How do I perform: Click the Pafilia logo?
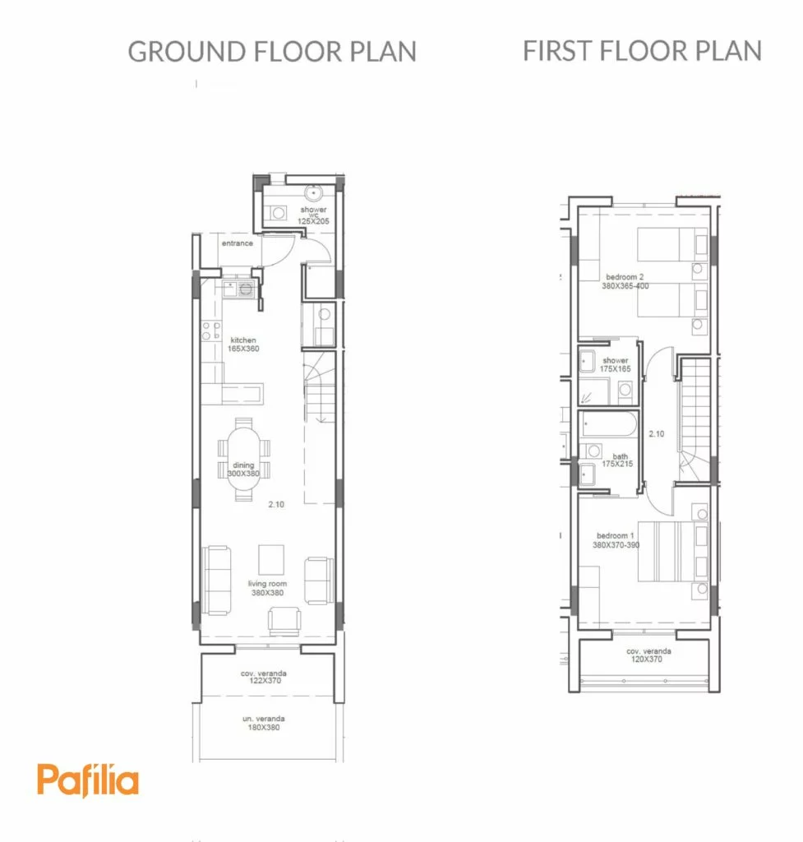coord(87,780)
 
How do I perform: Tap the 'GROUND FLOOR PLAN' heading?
coord(272,52)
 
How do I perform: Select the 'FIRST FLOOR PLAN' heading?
coord(643,51)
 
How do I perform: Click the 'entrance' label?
coord(238,243)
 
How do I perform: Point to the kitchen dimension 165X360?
coord(243,349)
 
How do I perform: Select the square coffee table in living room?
coord(271,560)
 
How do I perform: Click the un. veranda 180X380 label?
coord(264,723)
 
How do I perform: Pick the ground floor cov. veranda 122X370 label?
coord(264,677)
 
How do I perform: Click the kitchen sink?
coord(238,289)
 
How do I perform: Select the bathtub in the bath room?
coord(609,425)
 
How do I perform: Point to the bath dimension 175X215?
coord(617,464)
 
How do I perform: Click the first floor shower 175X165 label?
coord(615,364)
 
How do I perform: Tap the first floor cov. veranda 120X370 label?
coord(648,655)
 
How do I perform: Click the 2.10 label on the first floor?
coord(657,434)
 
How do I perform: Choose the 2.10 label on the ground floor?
coord(276,505)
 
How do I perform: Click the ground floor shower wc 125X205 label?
coord(313,215)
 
